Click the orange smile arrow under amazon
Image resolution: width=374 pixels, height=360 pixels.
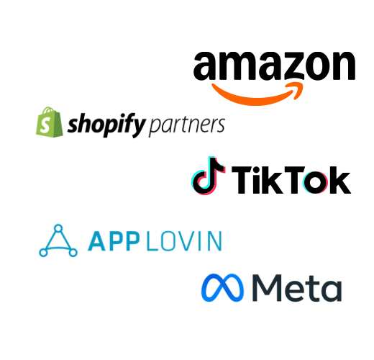click(x=257, y=96)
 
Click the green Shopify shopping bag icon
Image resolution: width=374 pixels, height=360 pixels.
click(x=50, y=122)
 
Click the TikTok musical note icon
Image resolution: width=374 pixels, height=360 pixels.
click(x=208, y=176)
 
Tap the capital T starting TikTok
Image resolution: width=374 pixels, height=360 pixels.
click(x=244, y=180)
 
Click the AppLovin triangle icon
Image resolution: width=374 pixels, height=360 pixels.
click(x=58, y=240)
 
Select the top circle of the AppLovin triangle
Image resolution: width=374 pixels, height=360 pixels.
click(x=58, y=228)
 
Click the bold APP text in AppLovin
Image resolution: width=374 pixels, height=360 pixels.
click(x=114, y=241)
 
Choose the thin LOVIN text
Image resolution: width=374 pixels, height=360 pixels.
click(x=184, y=241)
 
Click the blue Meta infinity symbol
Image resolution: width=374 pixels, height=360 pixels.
click(x=222, y=287)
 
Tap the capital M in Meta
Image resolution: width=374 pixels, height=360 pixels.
click(x=267, y=288)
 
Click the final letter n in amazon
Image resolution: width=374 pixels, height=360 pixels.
click(x=344, y=66)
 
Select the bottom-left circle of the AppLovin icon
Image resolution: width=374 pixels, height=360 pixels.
click(x=43, y=253)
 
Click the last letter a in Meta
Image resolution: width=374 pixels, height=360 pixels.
click(x=332, y=291)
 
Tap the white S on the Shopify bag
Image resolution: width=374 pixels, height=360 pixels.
click(x=45, y=125)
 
